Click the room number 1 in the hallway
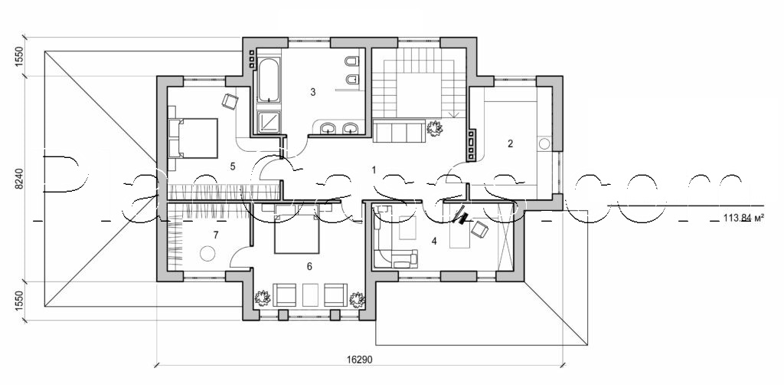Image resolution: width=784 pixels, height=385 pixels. [x=374, y=169]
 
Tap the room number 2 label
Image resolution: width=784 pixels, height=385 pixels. [x=510, y=143]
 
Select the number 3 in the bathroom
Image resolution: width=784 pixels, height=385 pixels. [x=313, y=92]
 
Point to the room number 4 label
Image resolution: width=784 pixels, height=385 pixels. [x=434, y=241]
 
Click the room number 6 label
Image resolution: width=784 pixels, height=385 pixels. [x=309, y=266]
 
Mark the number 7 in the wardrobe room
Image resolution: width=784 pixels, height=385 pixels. [x=217, y=235]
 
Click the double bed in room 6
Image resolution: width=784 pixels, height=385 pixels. [x=297, y=233]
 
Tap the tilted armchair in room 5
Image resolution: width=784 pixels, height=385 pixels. [x=230, y=100]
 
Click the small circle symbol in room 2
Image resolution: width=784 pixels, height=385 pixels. [x=544, y=143]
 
